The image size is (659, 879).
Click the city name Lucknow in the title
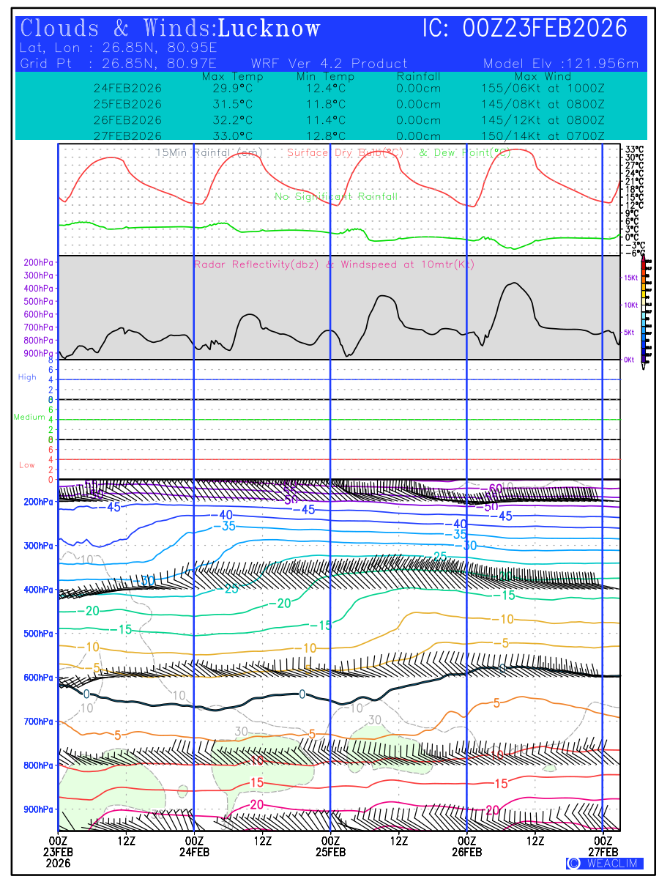pyautogui.click(x=269, y=29)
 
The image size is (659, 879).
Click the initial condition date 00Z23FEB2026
pyautogui.click(x=546, y=29)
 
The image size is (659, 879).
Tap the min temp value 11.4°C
pyautogui.click(x=326, y=120)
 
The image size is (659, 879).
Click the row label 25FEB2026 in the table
pyautogui.click(x=127, y=104)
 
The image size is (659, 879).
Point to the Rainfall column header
pyautogui.click(x=418, y=76)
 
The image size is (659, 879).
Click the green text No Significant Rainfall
pyautogui.click(x=336, y=196)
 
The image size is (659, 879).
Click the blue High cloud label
pyautogui.click(x=27, y=377)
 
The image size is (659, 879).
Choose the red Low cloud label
pyautogui.click(x=27, y=465)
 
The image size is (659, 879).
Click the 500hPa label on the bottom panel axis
pyautogui.click(x=37, y=634)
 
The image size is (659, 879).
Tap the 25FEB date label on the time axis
pyautogui.click(x=330, y=852)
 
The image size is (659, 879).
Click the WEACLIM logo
pyautogui.click(x=605, y=864)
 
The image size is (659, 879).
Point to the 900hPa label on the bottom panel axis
pyautogui.click(x=37, y=809)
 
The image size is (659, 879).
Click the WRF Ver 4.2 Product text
pyautogui.click(x=329, y=64)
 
